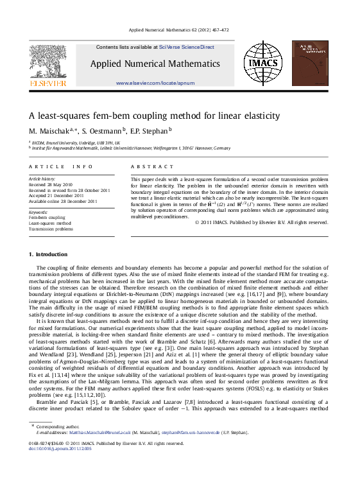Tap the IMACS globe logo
[x=262, y=63]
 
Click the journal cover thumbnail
[x=310, y=63]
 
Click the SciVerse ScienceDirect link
[x=187, y=47]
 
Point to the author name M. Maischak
[x=51, y=131]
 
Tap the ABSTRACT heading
[x=144, y=166]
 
